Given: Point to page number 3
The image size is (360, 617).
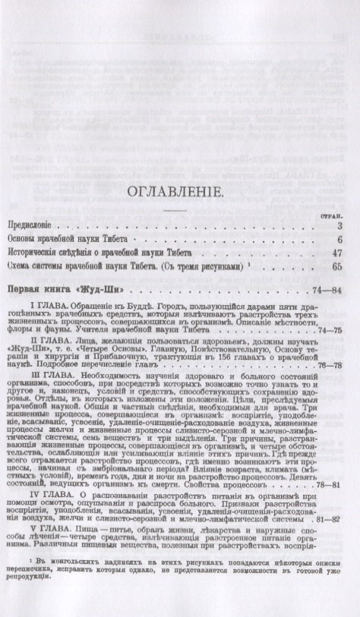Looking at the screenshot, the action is (343, 226).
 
